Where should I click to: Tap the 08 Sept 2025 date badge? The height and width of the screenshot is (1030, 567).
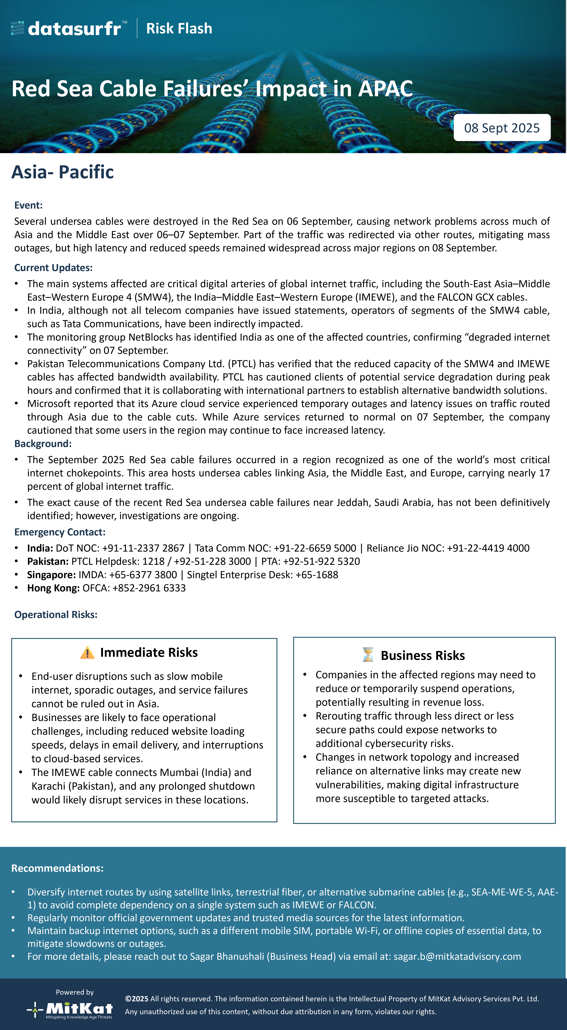(502, 128)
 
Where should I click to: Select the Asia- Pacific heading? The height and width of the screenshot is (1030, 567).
(62, 172)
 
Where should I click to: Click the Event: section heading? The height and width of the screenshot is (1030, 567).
(28, 205)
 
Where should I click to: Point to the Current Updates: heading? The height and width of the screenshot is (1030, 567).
(53, 267)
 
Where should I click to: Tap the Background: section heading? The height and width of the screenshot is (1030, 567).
(43, 443)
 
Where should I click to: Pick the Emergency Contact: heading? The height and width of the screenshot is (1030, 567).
(60, 532)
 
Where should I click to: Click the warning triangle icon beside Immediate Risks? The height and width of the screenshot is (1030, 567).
(87, 653)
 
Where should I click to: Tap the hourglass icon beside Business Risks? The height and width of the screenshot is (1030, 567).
(368, 655)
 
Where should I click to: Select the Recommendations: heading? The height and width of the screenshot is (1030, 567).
(57, 868)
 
